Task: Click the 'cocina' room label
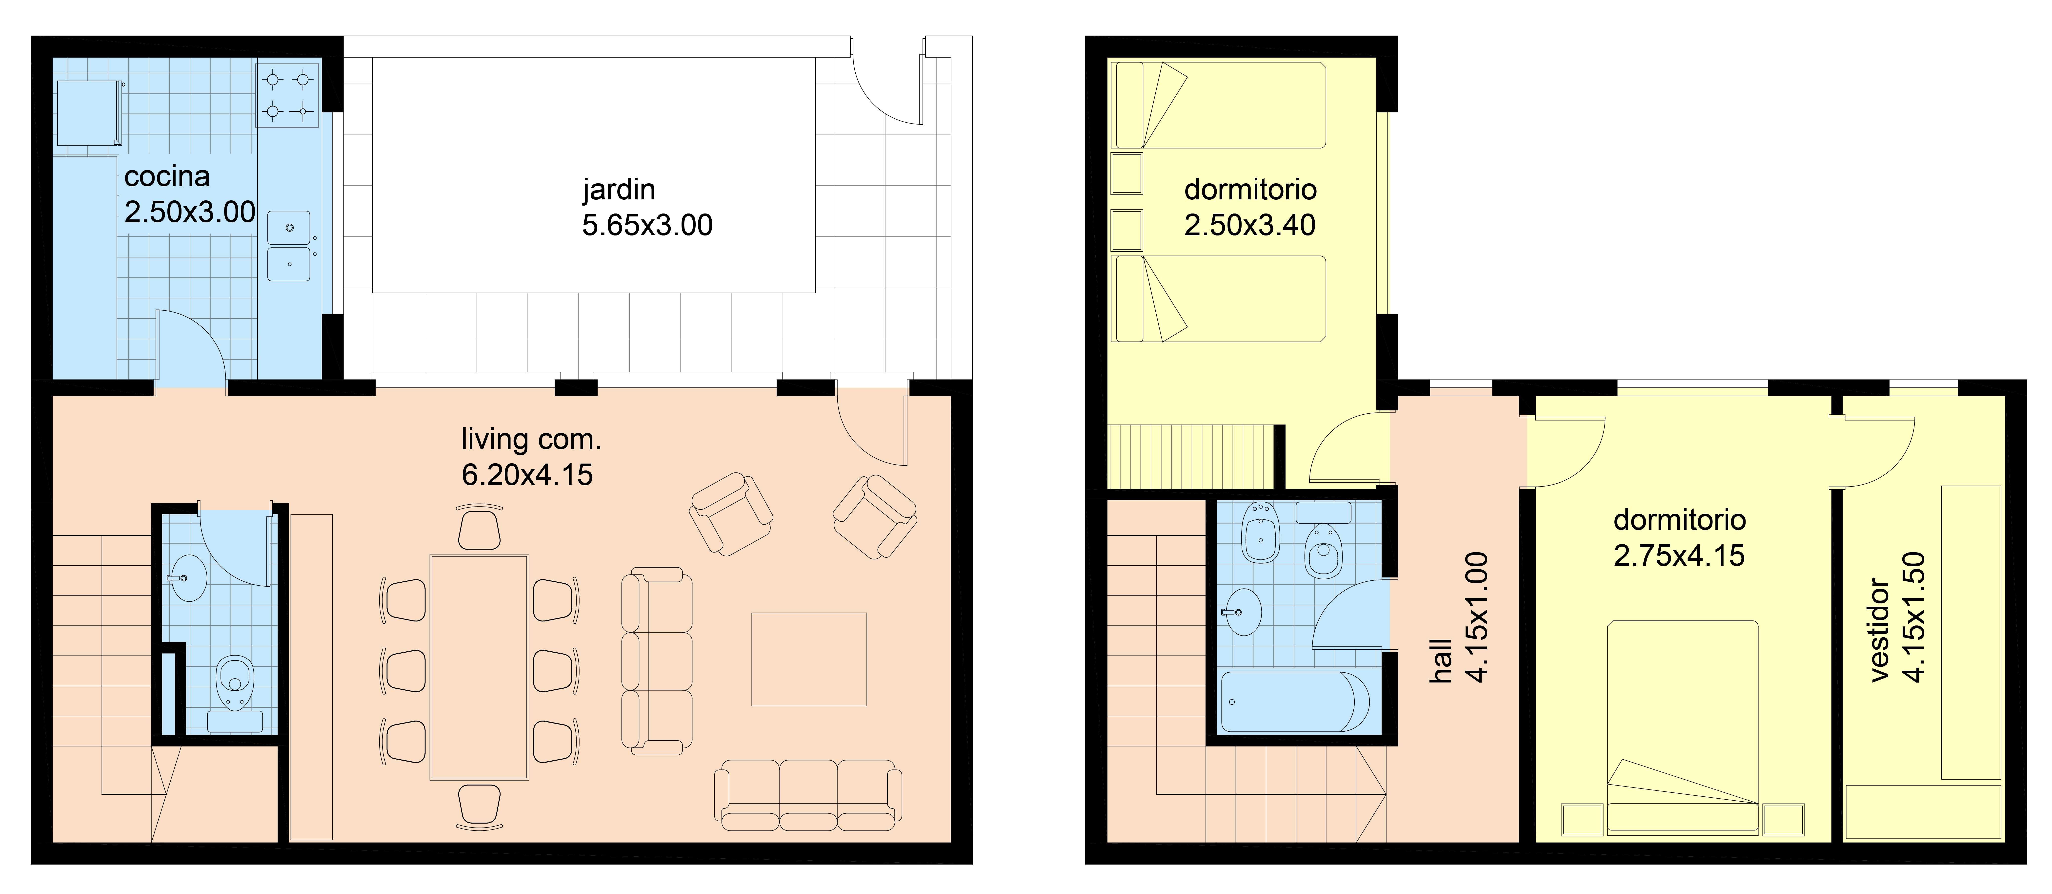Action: click(167, 176)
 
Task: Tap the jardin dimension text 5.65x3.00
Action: click(647, 226)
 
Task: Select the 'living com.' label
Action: click(531, 439)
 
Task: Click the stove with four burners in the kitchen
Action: click(288, 96)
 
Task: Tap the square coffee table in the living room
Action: click(808, 659)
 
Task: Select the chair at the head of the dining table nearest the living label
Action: click(480, 527)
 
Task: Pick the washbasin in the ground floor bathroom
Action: click(188, 578)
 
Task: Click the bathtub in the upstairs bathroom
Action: click(1294, 701)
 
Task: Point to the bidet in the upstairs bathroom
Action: click(1261, 532)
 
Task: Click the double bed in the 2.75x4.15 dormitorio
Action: click(1682, 727)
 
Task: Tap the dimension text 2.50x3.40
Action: click(1250, 226)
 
